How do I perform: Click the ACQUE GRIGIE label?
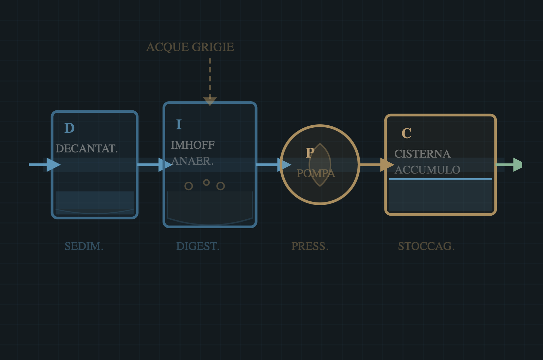click(190, 47)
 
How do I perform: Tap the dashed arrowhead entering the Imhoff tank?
click(210, 101)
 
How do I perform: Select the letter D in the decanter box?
click(70, 128)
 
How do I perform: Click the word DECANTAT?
click(87, 149)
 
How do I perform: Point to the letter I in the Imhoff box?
click(179, 125)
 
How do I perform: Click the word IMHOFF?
click(192, 145)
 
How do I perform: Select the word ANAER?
click(192, 161)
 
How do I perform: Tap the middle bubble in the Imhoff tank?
click(206, 182)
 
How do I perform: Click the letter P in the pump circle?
click(310, 153)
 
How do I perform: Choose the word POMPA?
click(316, 174)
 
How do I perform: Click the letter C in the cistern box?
click(407, 133)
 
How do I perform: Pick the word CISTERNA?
click(422, 154)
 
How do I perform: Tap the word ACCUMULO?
click(427, 170)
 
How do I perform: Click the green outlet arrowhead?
click(518, 165)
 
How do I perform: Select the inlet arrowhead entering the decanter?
click(53, 165)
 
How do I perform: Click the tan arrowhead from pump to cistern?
click(387, 165)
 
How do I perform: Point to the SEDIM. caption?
click(84, 246)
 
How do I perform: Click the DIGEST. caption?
click(198, 246)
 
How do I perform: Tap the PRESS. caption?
click(310, 246)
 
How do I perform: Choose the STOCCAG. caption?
click(426, 246)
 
